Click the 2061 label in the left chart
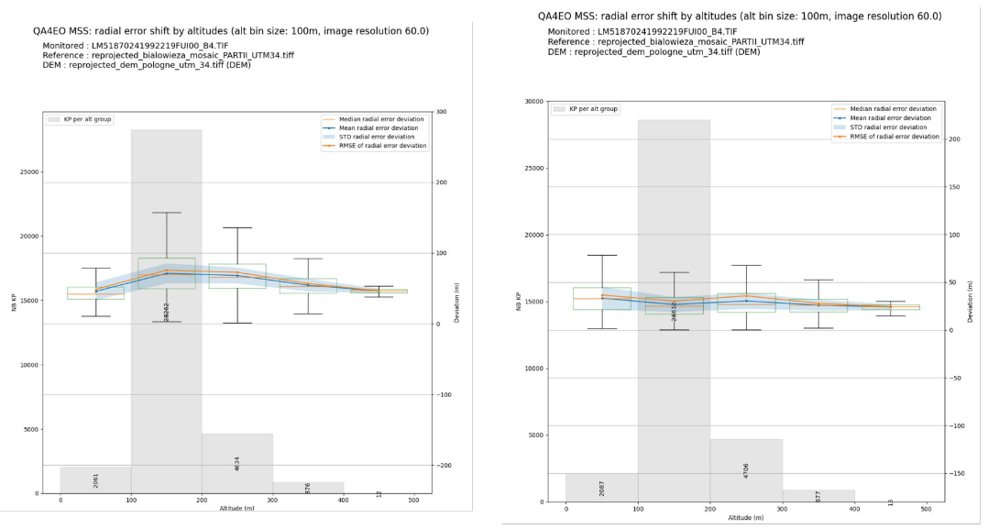click(x=96, y=480)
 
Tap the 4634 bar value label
click(x=237, y=463)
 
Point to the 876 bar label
click(x=308, y=488)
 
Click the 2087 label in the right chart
click(x=602, y=488)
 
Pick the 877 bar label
click(x=818, y=496)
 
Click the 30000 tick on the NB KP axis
click(x=530, y=102)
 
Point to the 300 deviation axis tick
click(x=441, y=112)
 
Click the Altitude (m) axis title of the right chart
click(x=746, y=519)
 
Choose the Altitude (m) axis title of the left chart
click(x=237, y=509)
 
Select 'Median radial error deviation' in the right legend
click(x=890, y=108)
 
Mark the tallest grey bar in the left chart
click(x=167, y=312)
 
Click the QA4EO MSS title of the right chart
click(x=740, y=17)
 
